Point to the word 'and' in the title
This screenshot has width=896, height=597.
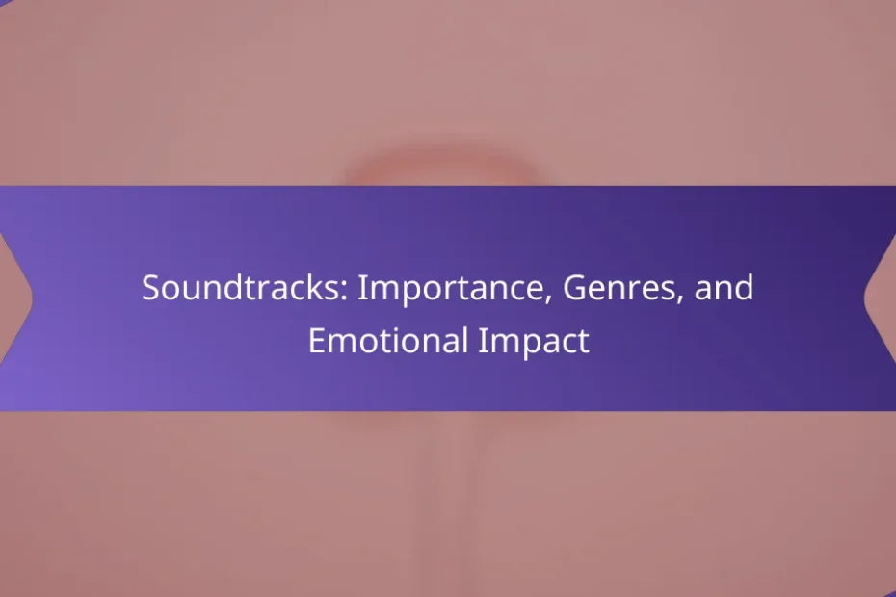tap(724, 287)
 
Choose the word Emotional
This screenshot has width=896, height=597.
tap(388, 341)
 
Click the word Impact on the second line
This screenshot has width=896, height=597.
tap(534, 342)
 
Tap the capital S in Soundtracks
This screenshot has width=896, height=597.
tap(150, 287)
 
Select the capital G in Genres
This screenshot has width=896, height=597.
tap(574, 287)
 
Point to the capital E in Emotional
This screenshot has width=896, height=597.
tap(317, 341)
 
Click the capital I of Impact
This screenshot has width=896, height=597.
tap(483, 341)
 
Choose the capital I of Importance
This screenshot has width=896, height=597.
tap(361, 287)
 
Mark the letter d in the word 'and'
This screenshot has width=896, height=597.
tap(745, 287)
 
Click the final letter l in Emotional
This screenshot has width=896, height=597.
tap(465, 340)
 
